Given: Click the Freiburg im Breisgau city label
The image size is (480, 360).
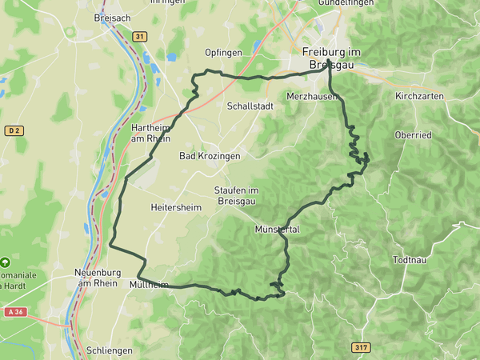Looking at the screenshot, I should point(331,58).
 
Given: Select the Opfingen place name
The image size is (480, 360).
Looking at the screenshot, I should point(224,53).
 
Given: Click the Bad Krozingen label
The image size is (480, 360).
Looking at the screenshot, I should point(210,156).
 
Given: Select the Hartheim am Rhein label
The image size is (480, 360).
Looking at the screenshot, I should point(152,133).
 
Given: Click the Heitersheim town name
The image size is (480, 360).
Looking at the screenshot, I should point(174,207).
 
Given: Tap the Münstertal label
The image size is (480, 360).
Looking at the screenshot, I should point(277,229).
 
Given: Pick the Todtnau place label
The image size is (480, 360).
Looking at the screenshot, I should point(412,261).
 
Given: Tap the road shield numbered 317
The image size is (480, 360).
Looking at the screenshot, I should point(361,347).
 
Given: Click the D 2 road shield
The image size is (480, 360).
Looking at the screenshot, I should point(14,130).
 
